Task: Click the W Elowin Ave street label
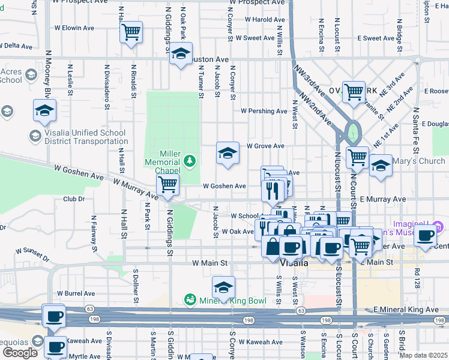tap(74, 28)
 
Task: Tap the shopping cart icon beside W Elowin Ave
tap(131, 32)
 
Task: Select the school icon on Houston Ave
tap(181, 54)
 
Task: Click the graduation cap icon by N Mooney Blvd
tap(44, 111)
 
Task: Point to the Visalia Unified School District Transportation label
tap(79, 137)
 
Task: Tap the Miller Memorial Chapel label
tap(162, 162)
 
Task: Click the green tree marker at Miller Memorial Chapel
tap(190, 160)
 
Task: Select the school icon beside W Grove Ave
tap(228, 154)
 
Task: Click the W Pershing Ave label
tap(264, 111)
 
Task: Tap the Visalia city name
tap(294, 262)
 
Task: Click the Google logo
tap(20, 353)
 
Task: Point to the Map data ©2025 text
tap(423, 355)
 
